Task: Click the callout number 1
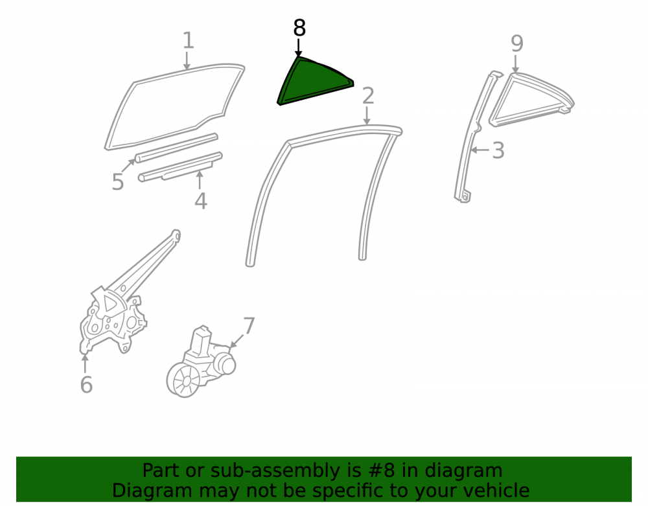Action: pyautogui.click(x=188, y=40)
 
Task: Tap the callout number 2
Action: pyautogui.click(x=368, y=96)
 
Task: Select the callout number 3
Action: pyautogui.click(x=498, y=150)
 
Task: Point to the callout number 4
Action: pyautogui.click(x=201, y=201)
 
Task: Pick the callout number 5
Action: pyautogui.click(x=118, y=182)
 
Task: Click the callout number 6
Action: pyautogui.click(x=86, y=385)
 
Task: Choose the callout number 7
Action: pyautogui.click(x=249, y=326)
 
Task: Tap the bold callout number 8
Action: pyautogui.click(x=299, y=28)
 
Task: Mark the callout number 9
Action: pyautogui.click(x=517, y=43)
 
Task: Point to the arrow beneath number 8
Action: pyautogui.click(x=298, y=47)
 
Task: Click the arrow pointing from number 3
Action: pyautogui.click(x=480, y=150)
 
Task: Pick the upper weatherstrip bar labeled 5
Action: pyautogui.click(x=176, y=148)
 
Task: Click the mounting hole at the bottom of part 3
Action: pyautogui.click(x=465, y=198)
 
